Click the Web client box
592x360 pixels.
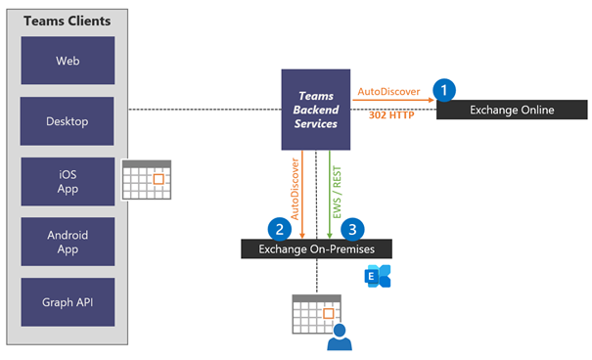[x=68, y=62]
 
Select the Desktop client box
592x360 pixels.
[x=68, y=121]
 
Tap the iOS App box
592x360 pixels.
[x=68, y=182]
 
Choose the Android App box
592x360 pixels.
[x=68, y=243]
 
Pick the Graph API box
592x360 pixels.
[x=68, y=302]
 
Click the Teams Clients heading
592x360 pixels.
[x=68, y=21]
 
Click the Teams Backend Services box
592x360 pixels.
[x=315, y=110]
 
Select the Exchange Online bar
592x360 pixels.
[x=512, y=110]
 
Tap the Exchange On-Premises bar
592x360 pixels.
[x=316, y=248]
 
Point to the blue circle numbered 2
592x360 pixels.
[x=281, y=229]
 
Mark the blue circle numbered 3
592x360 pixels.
[x=350, y=229]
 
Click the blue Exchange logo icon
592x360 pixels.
[x=378, y=276]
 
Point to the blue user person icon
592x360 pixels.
[x=339, y=338]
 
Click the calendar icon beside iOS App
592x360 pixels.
[x=146, y=180]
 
